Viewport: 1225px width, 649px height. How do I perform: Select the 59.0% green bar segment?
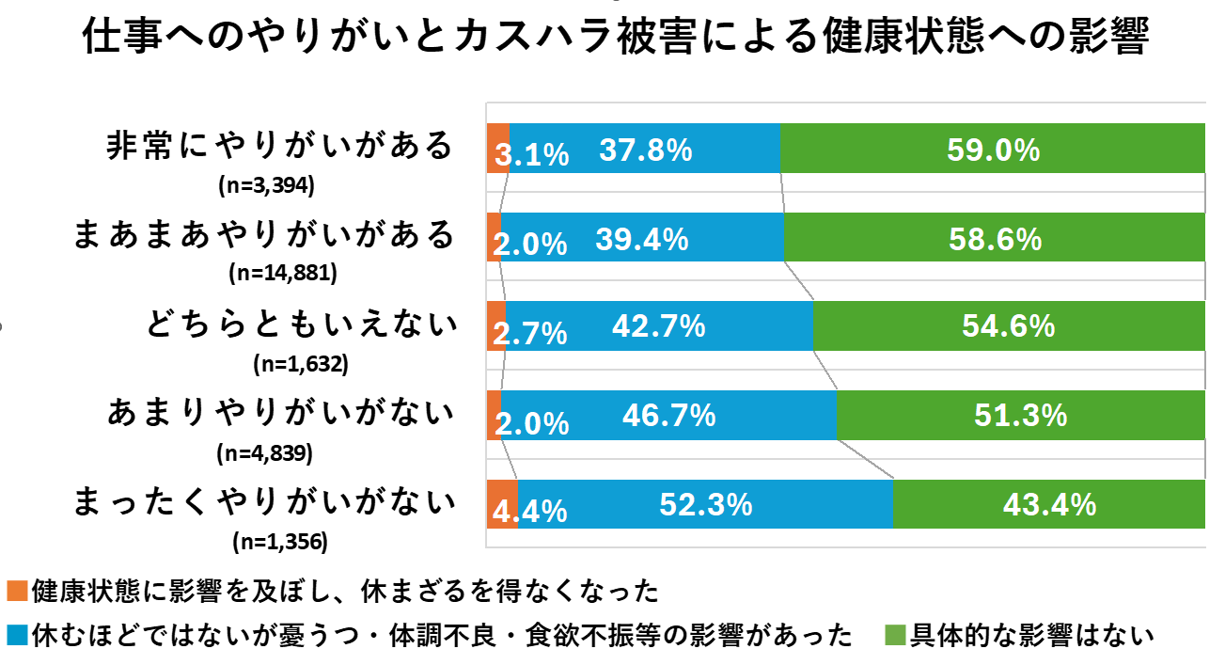coord(993,149)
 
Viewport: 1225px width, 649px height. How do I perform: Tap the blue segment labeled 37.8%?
coord(645,149)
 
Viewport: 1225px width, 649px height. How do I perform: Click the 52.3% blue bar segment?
coord(705,504)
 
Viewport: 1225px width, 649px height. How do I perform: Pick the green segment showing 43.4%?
coord(1049,504)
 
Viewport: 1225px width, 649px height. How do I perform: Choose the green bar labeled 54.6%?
coord(1009,326)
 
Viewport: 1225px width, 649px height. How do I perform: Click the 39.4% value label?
coord(642,240)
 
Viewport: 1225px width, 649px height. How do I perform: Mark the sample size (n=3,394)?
coord(264,185)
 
